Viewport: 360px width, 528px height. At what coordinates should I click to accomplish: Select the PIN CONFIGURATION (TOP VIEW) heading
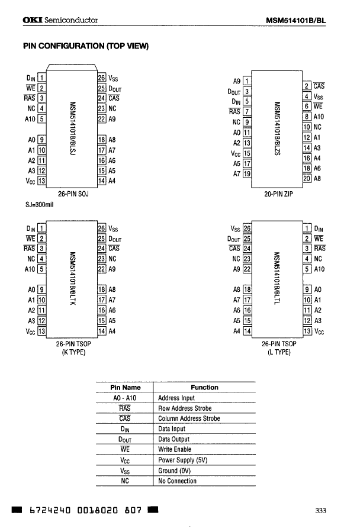85,46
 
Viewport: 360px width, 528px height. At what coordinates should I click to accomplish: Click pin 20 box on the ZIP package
306,178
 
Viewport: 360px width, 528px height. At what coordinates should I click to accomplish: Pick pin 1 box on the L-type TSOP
307,228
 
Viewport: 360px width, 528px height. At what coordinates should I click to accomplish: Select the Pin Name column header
125,387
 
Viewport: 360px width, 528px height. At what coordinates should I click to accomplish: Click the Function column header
204,387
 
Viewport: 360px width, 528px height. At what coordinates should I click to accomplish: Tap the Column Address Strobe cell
189,418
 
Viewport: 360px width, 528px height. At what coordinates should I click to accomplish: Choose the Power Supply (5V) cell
183,460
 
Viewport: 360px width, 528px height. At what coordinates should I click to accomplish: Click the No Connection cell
178,481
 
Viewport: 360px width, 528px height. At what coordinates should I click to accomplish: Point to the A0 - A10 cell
125,398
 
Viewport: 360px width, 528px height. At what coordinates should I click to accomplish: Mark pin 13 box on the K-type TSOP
42,331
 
